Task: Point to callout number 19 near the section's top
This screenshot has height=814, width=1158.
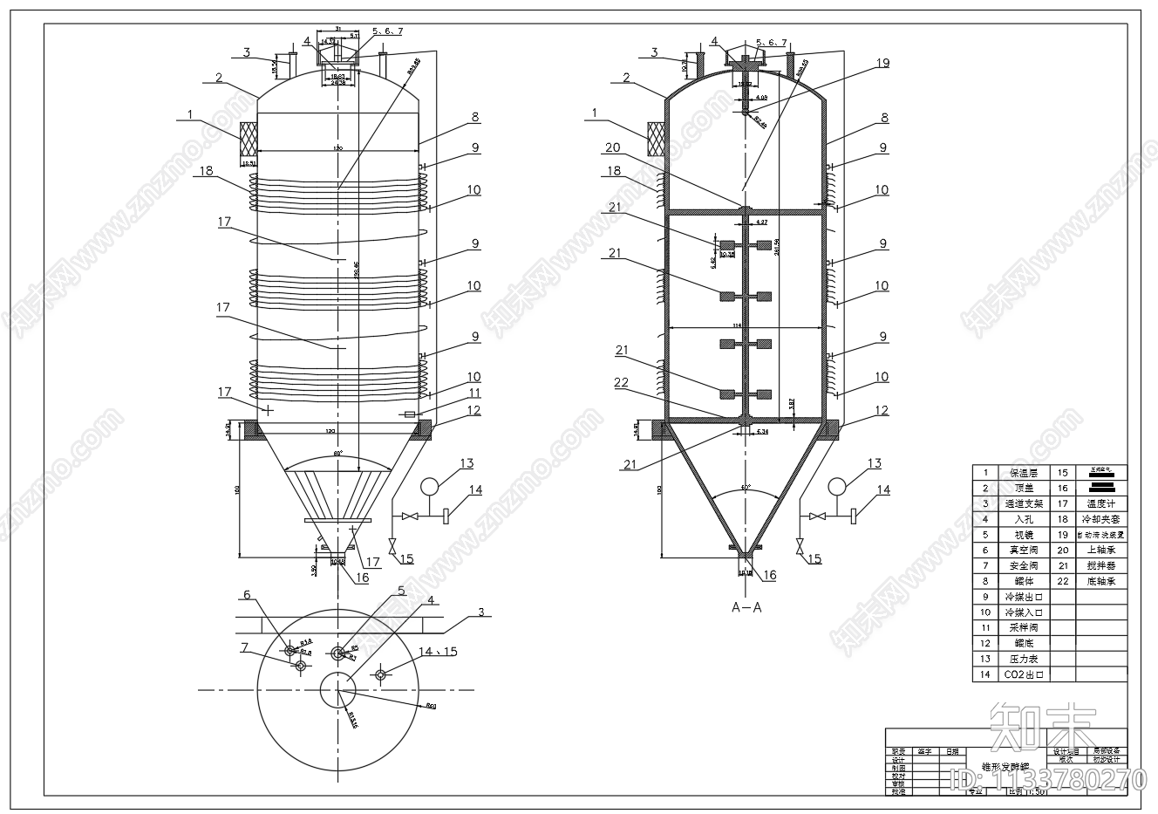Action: pyautogui.click(x=882, y=63)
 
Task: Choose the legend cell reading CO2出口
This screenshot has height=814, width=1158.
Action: pyautogui.click(x=1025, y=674)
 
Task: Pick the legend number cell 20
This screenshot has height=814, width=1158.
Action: pyautogui.click(x=1063, y=550)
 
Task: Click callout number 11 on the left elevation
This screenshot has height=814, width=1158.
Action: pyautogui.click(x=473, y=393)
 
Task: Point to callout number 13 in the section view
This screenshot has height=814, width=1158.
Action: pyautogui.click(x=874, y=464)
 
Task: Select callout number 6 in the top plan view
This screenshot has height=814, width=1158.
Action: pyautogui.click(x=247, y=595)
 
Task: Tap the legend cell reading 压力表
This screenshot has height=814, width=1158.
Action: pyautogui.click(x=1025, y=659)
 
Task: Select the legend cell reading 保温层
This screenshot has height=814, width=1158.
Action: pyautogui.click(x=1025, y=473)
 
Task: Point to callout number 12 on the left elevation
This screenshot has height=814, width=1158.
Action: pyautogui.click(x=473, y=409)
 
